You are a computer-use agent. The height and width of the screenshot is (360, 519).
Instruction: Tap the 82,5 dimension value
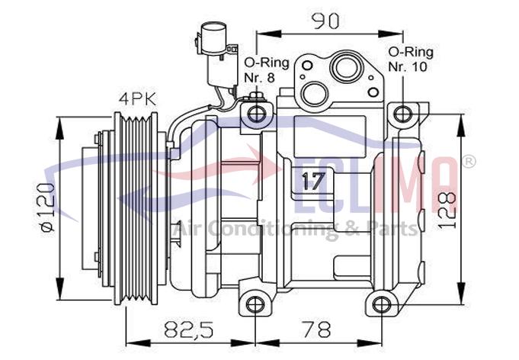pyautogui.click(x=189, y=329)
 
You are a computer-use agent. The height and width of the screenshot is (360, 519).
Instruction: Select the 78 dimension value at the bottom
pyautogui.click(x=318, y=329)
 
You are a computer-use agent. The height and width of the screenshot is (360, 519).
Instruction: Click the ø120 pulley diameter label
pyautogui.click(x=46, y=207)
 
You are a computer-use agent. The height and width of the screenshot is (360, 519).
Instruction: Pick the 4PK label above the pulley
pyautogui.click(x=138, y=98)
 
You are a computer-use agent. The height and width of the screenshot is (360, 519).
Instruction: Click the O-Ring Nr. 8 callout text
pyautogui.click(x=267, y=69)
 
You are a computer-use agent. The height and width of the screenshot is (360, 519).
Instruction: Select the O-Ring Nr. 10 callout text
pyautogui.click(x=411, y=59)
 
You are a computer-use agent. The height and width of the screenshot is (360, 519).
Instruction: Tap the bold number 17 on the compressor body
pyautogui.click(x=313, y=182)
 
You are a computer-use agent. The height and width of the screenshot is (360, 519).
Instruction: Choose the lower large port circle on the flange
pyautogui.click(x=315, y=94)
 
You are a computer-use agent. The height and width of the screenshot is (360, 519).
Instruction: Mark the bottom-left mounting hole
pyautogui.click(x=255, y=304)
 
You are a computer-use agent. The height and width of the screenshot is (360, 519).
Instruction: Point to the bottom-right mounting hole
pyautogui.click(x=382, y=304)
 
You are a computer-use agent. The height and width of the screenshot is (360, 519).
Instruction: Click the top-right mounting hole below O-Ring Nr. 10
pyautogui.click(x=403, y=114)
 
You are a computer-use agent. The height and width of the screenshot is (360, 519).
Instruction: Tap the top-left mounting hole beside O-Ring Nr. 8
pyautogui.click(x=257, y=114)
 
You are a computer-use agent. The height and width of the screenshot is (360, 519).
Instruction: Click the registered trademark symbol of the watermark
pyautogui.click(x=469, y=162)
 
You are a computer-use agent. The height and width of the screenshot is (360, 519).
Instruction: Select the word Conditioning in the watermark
pyautogui.click(x=273, y=229)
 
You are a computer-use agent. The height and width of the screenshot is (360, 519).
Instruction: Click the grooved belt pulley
pyautogui.click(x=136, y=208)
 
